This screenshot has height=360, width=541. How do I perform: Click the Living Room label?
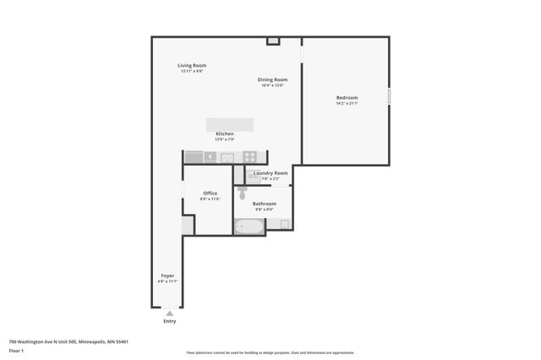192,65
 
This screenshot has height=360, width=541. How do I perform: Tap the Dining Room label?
272,79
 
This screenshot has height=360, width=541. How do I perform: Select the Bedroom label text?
347,98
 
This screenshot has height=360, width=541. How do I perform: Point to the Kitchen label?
224,134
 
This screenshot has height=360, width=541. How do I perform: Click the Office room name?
210,194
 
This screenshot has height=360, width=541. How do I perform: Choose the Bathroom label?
265,204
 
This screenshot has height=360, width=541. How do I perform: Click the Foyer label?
168,275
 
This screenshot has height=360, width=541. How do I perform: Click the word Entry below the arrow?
170,321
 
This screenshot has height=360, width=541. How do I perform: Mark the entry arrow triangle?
170,313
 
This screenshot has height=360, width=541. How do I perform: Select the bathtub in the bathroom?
249,226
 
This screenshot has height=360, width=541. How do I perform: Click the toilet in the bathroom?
243,194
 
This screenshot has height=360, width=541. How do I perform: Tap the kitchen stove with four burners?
250,156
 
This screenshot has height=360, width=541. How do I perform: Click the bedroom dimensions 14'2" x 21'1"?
347,104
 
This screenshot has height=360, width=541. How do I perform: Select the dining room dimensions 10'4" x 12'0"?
272,85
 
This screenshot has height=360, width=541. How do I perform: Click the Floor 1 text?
17,350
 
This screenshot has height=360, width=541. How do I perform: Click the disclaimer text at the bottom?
270,352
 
